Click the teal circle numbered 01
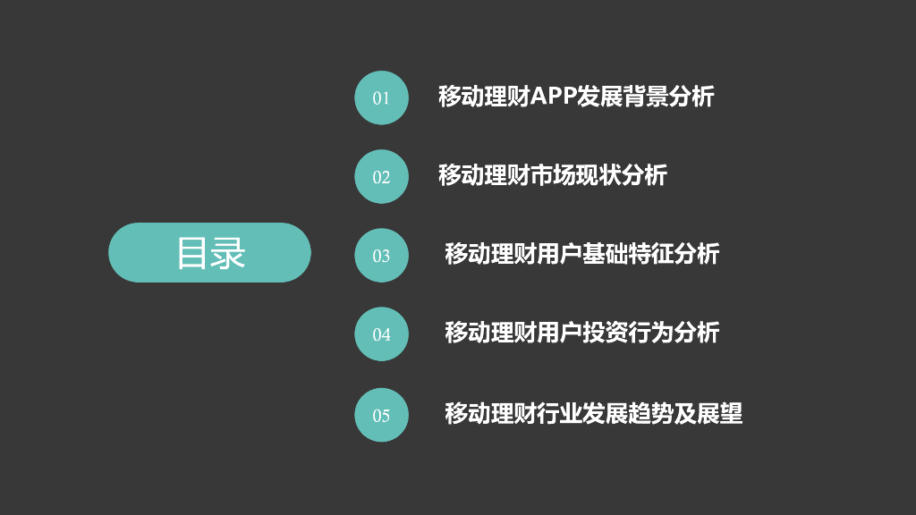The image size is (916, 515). pos(382,97)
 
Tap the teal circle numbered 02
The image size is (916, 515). pos(382,176)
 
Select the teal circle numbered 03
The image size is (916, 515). pos(382,255)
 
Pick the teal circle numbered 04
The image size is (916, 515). pos(382,334)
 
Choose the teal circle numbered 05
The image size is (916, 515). pos(382,414)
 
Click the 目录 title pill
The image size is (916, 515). pos(209,252)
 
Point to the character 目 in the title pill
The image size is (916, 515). pos(191,253)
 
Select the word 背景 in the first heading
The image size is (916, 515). pos(646,97)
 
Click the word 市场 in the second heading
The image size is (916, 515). pos(554,175)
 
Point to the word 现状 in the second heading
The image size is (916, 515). pos(599,175)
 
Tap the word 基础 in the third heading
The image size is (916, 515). pos(605,254)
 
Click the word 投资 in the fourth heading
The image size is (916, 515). pos(605,333)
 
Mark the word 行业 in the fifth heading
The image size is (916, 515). pos(559,413)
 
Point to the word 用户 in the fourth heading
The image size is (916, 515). pos(559,333)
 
